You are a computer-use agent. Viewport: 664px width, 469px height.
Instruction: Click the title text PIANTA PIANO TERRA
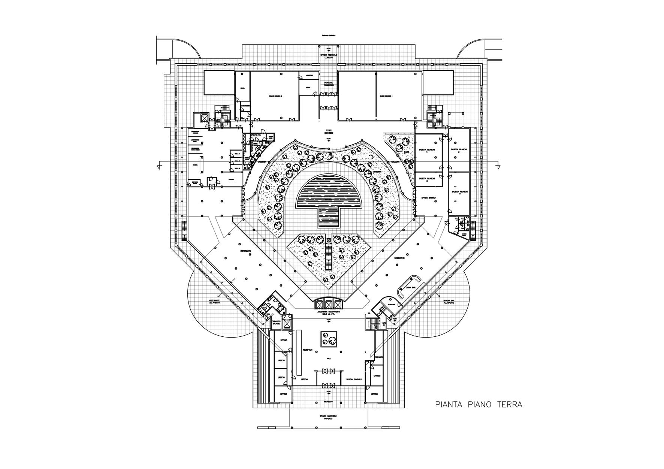tap(479, 405)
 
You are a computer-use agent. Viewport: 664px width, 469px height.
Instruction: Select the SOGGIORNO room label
tap(399, 258)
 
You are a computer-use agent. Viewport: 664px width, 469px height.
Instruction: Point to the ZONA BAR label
tap(410, 288)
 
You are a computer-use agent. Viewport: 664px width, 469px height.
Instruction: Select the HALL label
tap(329, 358)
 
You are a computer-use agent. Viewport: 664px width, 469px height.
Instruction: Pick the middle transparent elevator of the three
tap(329, 304)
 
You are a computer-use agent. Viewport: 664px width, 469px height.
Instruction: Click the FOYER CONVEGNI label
tap(329, 132)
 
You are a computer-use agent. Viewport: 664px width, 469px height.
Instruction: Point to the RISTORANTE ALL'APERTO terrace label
tap(215, 302)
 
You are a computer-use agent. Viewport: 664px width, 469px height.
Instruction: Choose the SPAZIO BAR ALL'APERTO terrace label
tap(449, 302)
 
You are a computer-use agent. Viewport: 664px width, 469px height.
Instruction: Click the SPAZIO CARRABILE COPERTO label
tap(329, 417)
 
